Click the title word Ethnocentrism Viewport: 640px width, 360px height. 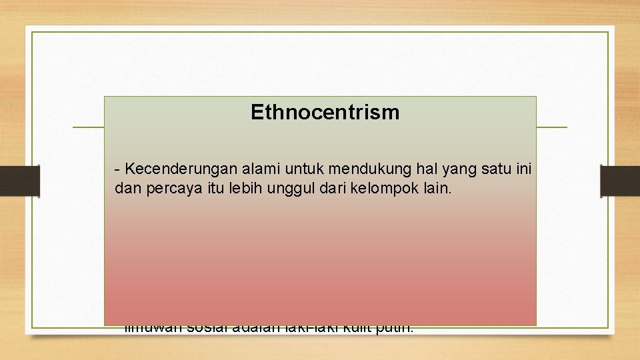click(325, 113)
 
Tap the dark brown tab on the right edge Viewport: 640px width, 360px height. click(619, 181)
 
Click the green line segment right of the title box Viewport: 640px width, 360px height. click(551, 127)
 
